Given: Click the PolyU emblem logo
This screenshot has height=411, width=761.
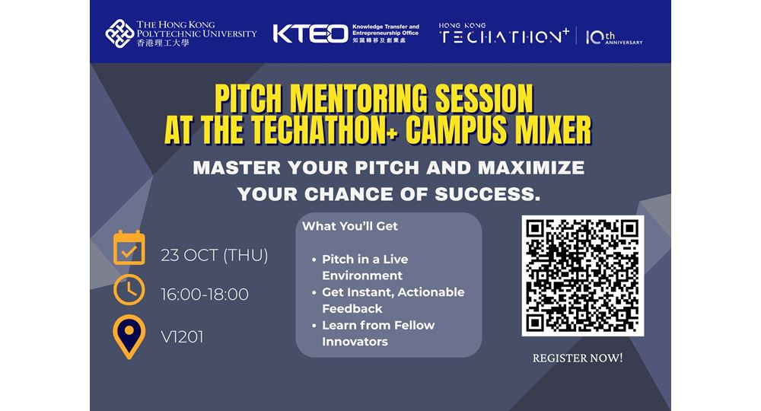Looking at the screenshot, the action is (119, 33).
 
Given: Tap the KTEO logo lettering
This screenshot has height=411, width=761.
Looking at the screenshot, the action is (310, 34).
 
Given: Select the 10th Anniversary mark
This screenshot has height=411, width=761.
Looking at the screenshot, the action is (614, 37).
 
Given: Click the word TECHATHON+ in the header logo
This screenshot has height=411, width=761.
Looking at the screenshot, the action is (505, 37).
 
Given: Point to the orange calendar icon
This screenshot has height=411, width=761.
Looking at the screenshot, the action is (129, 247).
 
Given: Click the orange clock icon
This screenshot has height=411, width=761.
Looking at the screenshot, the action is (129, 290).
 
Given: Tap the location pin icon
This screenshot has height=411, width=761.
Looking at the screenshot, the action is (129, 336).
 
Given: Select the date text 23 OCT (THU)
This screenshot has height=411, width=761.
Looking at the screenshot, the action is (215, 255).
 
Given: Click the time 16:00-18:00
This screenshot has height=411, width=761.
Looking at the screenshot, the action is (204, 295).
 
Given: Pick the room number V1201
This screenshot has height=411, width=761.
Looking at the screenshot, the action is (182, 336).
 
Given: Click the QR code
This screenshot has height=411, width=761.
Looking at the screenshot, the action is (583, 276).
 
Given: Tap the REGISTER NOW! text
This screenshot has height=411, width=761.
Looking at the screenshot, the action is (578, 358).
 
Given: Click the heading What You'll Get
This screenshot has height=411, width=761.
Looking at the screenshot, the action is (350, 226).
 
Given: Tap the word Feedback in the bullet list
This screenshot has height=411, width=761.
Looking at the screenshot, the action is (352, 308).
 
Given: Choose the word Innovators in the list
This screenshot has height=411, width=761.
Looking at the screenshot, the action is (355, 342).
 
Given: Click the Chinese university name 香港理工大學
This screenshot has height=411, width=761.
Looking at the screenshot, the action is (163, 43).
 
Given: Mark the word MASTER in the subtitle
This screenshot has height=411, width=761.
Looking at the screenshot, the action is (237, 168).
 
